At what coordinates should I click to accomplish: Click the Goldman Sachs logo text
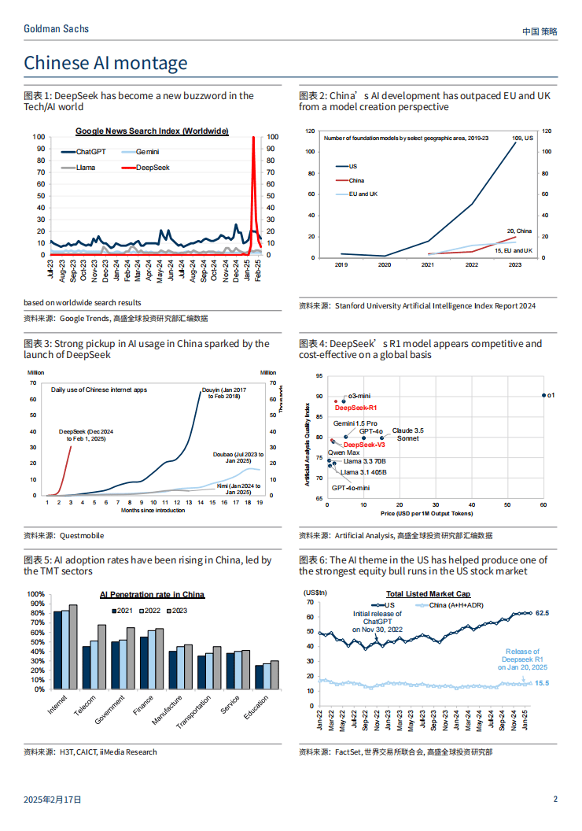[56, 29]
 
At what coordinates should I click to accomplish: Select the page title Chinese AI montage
[105, 63]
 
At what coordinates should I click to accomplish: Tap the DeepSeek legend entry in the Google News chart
[145, 168]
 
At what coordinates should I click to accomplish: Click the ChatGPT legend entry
[83, 152]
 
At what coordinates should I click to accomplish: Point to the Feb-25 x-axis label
[258, 270]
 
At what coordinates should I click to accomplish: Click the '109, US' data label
[523, 138]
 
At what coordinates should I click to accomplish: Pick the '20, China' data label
[519, 231]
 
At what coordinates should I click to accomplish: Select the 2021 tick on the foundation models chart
[428, 264]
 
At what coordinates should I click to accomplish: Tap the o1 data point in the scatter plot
[544, 395]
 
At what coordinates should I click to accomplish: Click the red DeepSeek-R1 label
[355, 408]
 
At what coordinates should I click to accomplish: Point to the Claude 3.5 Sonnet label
[407, 434]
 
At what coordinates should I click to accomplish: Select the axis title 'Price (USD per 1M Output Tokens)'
[427, 514]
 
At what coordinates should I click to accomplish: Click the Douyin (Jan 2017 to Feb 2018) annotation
[224, 393]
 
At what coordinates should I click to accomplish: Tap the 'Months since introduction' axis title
[153, 511]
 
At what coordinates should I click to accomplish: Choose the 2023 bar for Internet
[73, 647]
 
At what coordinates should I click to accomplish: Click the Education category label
[256, 707]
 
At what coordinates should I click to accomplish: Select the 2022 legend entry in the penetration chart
[150, 611]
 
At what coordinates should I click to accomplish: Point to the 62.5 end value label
[542, 613]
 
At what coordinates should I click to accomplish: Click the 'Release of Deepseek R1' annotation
[523, 659]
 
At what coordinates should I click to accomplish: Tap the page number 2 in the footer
[555, 800]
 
